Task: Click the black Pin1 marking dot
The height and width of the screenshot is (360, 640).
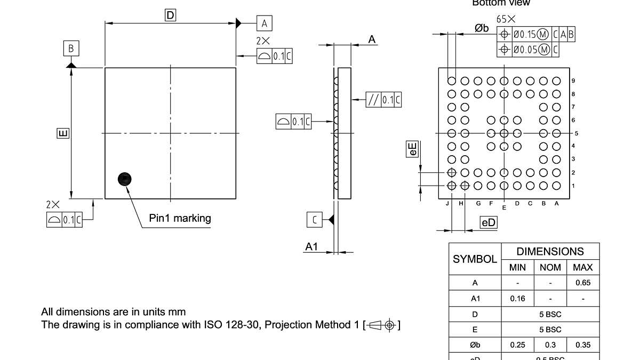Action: pyautogui.click(x=124, y=179)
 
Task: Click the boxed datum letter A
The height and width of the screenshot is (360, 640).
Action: pyautogui.click(x=265, y=23)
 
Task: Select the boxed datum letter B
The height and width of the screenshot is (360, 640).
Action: pyautogui.click(x=71, y=49)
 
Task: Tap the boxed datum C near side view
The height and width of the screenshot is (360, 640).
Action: pyautogui.click(x=315, y=219)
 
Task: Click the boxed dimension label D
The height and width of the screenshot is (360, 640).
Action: pyautogui.click(x=170, y=15)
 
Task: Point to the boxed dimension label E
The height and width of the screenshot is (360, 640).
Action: pyautogui.click(x=63, y=133)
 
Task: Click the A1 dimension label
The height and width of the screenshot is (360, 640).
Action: pyautogui.click(x=311, y=246)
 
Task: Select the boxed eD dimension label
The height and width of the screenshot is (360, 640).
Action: pyautogui.click(x=489, y=223)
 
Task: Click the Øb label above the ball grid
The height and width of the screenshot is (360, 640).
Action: pyautogui.click(x=482, y=28)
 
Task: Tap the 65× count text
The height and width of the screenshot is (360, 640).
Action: pyautogui.click(x=506, y=19)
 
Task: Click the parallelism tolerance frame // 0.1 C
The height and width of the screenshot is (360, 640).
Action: pyautogui.click(x=383, y=100)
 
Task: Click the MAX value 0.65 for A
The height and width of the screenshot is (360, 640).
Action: pyautogui.click(x=583, y=283)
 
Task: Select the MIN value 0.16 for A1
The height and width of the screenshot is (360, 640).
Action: pyautogui.click(x=517, y=298)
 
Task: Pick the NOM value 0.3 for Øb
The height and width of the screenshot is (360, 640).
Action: pyautogui.click(x=550, y=345)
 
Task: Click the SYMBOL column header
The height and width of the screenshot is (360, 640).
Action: pyautogui.click(x=475, y=259)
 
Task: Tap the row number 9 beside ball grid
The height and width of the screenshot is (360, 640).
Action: pyautogui.click(x=573, y=81)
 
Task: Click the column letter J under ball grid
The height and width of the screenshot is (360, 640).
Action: pyautogui.click(x=447, y=203)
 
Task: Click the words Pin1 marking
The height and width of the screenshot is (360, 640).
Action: pyautogui.click(x=180, y=218)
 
